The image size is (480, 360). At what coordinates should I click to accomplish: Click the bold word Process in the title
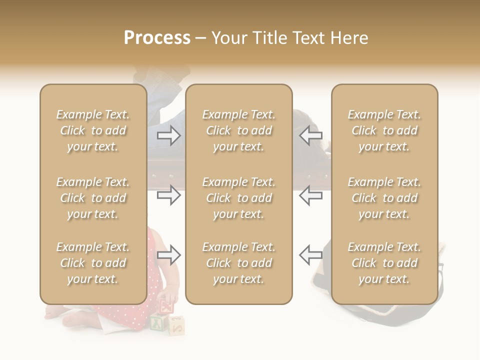[157, 38]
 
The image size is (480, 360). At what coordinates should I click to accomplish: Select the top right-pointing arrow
[168, 135]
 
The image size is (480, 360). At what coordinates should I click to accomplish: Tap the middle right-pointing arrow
[168, 195]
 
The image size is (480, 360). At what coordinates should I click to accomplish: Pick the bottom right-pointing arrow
[168, 255]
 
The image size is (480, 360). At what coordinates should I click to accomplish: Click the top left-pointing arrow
[310, 135]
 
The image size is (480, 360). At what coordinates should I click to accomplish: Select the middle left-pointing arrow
[310, 195]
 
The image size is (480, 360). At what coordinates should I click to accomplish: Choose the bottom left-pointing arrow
[310, 255]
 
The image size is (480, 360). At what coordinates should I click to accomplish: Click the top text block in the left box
[93, 130]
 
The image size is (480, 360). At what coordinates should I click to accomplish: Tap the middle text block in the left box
[93, 198]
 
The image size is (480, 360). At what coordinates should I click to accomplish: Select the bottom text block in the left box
[93, 263]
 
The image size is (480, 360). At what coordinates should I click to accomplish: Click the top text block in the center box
[238, 130]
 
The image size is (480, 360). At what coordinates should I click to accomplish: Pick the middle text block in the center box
[238, 198]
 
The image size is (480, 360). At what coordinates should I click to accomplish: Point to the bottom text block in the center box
[238, 263]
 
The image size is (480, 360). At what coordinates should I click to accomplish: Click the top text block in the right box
[384, 130]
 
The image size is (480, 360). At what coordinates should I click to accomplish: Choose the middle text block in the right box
[384, 198]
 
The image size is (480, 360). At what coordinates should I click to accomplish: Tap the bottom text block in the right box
[384, 263]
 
